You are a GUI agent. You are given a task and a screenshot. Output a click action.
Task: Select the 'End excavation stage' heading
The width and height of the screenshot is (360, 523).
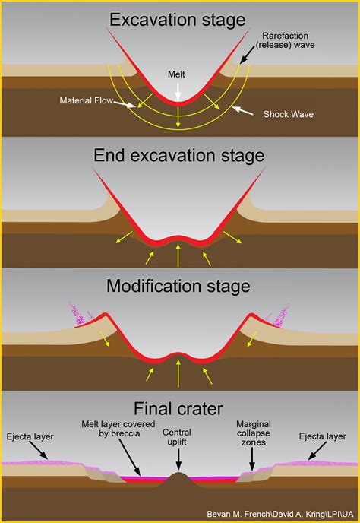tap(179, 155)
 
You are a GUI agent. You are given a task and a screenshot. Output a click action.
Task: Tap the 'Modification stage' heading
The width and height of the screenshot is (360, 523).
tap(179, 286)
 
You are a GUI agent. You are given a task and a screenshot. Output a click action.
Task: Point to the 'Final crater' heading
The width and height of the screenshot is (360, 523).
tap(179, 406)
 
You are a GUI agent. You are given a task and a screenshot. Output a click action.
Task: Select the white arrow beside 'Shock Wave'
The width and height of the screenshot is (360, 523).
tap(244, 111)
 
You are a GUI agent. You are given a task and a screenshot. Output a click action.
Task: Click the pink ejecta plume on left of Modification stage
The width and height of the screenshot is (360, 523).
tap(79, 312)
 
